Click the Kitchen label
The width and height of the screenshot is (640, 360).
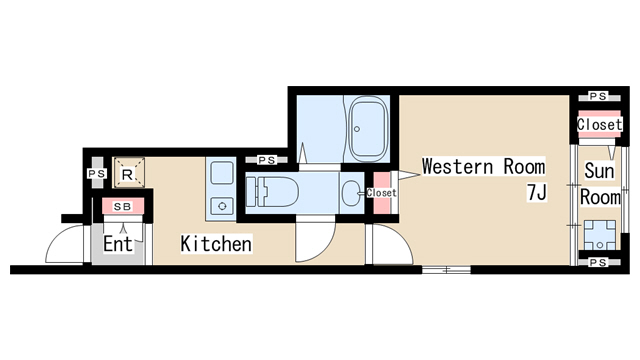click(x=216, y=244)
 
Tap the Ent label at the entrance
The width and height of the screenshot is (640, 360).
click(x=118, y=244)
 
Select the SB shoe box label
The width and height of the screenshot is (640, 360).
click(x=122, y=207)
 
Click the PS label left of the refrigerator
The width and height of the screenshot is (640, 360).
click(x=97, y=173)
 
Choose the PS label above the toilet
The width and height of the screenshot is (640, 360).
click(x=267, y=160)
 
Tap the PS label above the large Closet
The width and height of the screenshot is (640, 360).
click(x=598, y=96)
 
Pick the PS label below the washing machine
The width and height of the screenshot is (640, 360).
click(x=598, y=262)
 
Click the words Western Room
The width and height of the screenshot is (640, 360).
click(x=484, y=166)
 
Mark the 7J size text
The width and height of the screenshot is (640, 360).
click(x=537, y=192)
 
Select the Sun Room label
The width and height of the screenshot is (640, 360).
click(x=600, y=184)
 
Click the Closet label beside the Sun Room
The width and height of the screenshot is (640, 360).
click(x=600, y=124)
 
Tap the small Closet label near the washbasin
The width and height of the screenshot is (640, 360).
click(x=381, y=192)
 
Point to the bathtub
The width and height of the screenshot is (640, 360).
click(x=368, y=129)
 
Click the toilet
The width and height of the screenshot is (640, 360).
click(x=273, y=192)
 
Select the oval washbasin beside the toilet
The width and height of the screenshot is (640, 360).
click(x=350, y=192)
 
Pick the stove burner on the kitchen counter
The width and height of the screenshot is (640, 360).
click(x=222, y=206)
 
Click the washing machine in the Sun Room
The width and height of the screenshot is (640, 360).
click(x=600, y=235)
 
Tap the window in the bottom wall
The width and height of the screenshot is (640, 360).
click(x=446, y=269)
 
